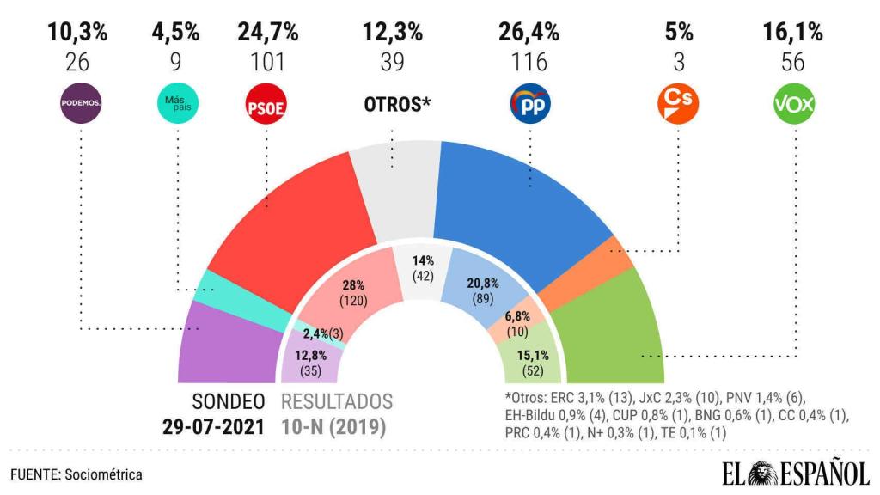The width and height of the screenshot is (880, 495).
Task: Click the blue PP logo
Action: (530, 103)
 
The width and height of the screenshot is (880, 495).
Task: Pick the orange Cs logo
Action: (678, 103)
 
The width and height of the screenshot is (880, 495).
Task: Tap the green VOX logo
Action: (794, 103)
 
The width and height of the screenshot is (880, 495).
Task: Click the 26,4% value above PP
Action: (529, 33)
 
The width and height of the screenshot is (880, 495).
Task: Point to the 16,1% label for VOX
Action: (793, 33)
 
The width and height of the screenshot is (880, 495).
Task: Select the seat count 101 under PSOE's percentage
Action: (267, 62)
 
